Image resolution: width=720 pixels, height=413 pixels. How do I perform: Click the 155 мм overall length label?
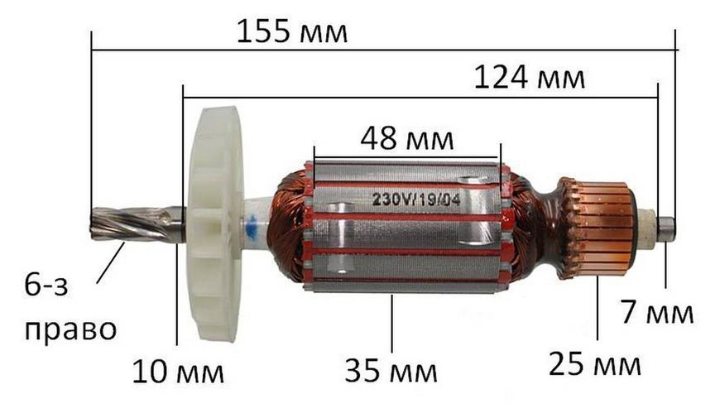tap(292, 31)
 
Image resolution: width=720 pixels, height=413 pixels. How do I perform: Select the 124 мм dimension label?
tap(529, 77)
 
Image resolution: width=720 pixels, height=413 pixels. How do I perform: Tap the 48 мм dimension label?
tap(407, 139)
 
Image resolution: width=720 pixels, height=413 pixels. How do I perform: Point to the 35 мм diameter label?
tap(391, 371)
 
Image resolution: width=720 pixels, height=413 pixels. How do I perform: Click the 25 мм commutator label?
tap(595, 364)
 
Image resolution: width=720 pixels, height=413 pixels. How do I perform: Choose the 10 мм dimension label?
tap(178, 372)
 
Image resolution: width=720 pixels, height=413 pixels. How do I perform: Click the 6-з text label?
tap(46, 286)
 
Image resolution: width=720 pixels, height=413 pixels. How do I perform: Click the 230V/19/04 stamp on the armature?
tap(416, 199)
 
